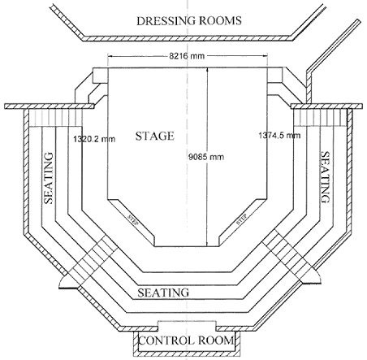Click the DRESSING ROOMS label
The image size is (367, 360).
pyautogui.click(x=189, y=21)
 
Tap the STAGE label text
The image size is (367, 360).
pyautogui.click(x=155, y=136)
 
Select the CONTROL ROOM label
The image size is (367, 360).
pyautogui.click(x=186, y=340)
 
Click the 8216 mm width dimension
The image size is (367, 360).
pyautogui.click(x=187, y=56)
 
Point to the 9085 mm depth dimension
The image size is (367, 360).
pyautogui.click(x=206, y=157)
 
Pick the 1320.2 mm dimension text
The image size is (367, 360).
pyautogui.click(x=94, y=139)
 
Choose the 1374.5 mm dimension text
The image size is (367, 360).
pyautogui.click(x=279, y=135)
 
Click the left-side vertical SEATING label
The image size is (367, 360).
pyautogui.click(x=49, y=178)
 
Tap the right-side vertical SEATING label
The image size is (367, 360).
pyautogui.click(x=325, y=177)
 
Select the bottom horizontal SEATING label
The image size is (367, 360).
pyautogui.click(x=163, y=293)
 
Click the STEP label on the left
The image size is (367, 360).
pyautogui.click(x=132, y=220)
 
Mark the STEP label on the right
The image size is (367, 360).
pyautogui.click(x=242, y=219)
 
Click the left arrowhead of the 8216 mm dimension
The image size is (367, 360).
pyautogui.click(x=110, y=56)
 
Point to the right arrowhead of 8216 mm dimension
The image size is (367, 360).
pyautogui.click(x=266, y=56)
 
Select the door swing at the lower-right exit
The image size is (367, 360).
pyautogui.click(x=312, y=277)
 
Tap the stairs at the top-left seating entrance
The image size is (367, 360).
pyautogui.click(x=55, y=117)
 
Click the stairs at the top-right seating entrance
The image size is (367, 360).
pyautogui.click(x=320, y=117)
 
